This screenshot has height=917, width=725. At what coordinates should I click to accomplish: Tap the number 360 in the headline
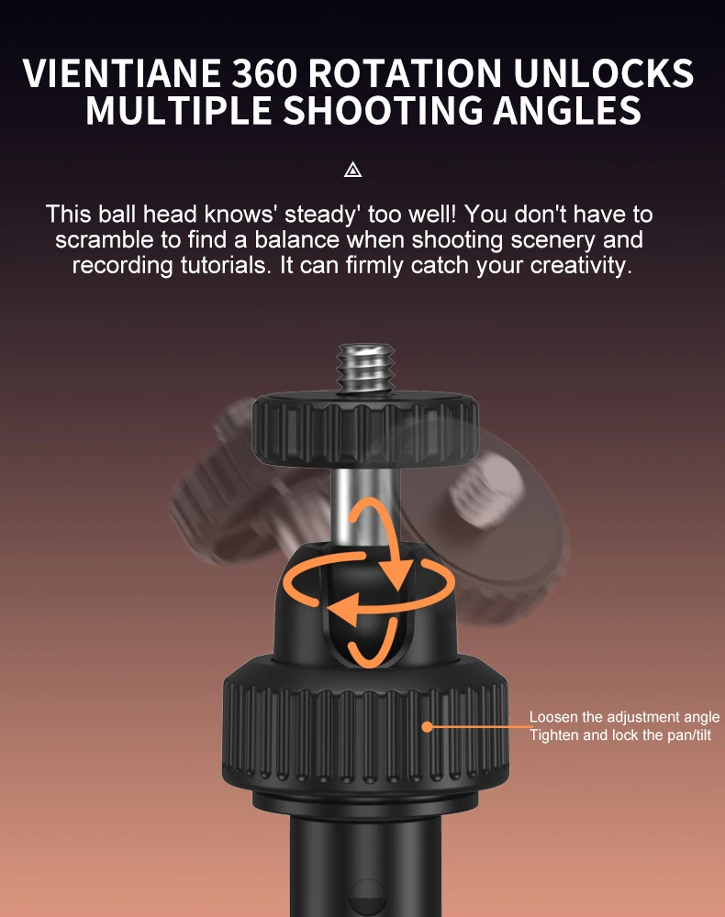(264, 73)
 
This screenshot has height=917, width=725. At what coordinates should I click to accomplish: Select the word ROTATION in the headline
(405, 73)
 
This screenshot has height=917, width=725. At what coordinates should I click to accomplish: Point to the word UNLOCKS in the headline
(603, 73)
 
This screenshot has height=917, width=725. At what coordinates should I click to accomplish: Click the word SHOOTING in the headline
(383, 110)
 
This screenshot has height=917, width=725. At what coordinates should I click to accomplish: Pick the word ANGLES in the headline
(567, 110)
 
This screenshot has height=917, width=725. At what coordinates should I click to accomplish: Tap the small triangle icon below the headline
(352, 171)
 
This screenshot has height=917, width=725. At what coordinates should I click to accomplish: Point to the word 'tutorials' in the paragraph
(226, 266)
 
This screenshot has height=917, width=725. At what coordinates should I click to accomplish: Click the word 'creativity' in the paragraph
(581, 266)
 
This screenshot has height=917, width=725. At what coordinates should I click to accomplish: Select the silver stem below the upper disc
(364, 508)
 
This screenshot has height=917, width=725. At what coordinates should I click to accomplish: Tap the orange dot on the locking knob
(428, 727)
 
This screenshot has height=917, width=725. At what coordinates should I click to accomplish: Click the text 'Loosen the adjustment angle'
(624, 718)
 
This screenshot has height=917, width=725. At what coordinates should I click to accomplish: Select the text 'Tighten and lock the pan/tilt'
(620, 735)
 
